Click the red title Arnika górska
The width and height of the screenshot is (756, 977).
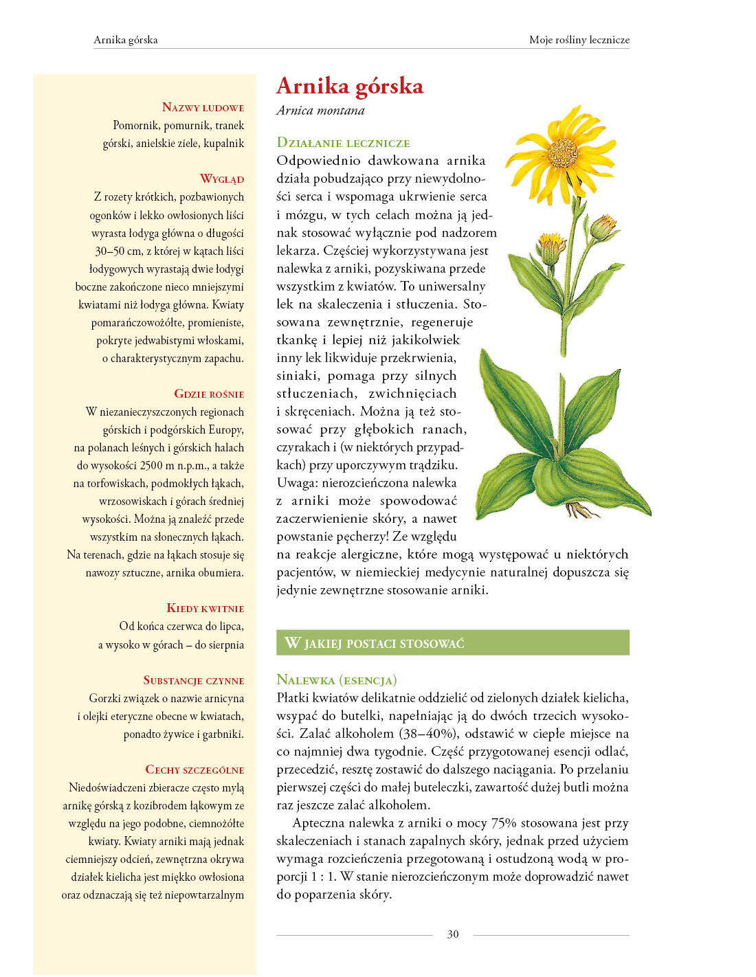pos(350,87)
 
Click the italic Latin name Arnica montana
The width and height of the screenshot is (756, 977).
pos(320,111)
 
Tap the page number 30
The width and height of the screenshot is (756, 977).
pos(453,934)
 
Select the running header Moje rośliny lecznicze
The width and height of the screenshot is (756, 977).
pos(579,40)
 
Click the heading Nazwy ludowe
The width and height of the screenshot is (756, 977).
pos(203,107)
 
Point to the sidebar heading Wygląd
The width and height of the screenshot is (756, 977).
pos(221,179)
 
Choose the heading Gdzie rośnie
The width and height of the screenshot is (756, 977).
pos(209,394)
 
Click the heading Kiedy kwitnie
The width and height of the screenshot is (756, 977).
pos(205,608)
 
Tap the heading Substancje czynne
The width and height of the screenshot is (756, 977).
pos(193,680)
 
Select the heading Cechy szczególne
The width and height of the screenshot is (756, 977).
pos(194,770)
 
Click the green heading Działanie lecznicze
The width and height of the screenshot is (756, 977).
pos(343,143)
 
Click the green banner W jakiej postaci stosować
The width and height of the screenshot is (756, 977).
pos(452,643)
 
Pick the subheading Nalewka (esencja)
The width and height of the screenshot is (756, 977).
pos(336,680)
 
